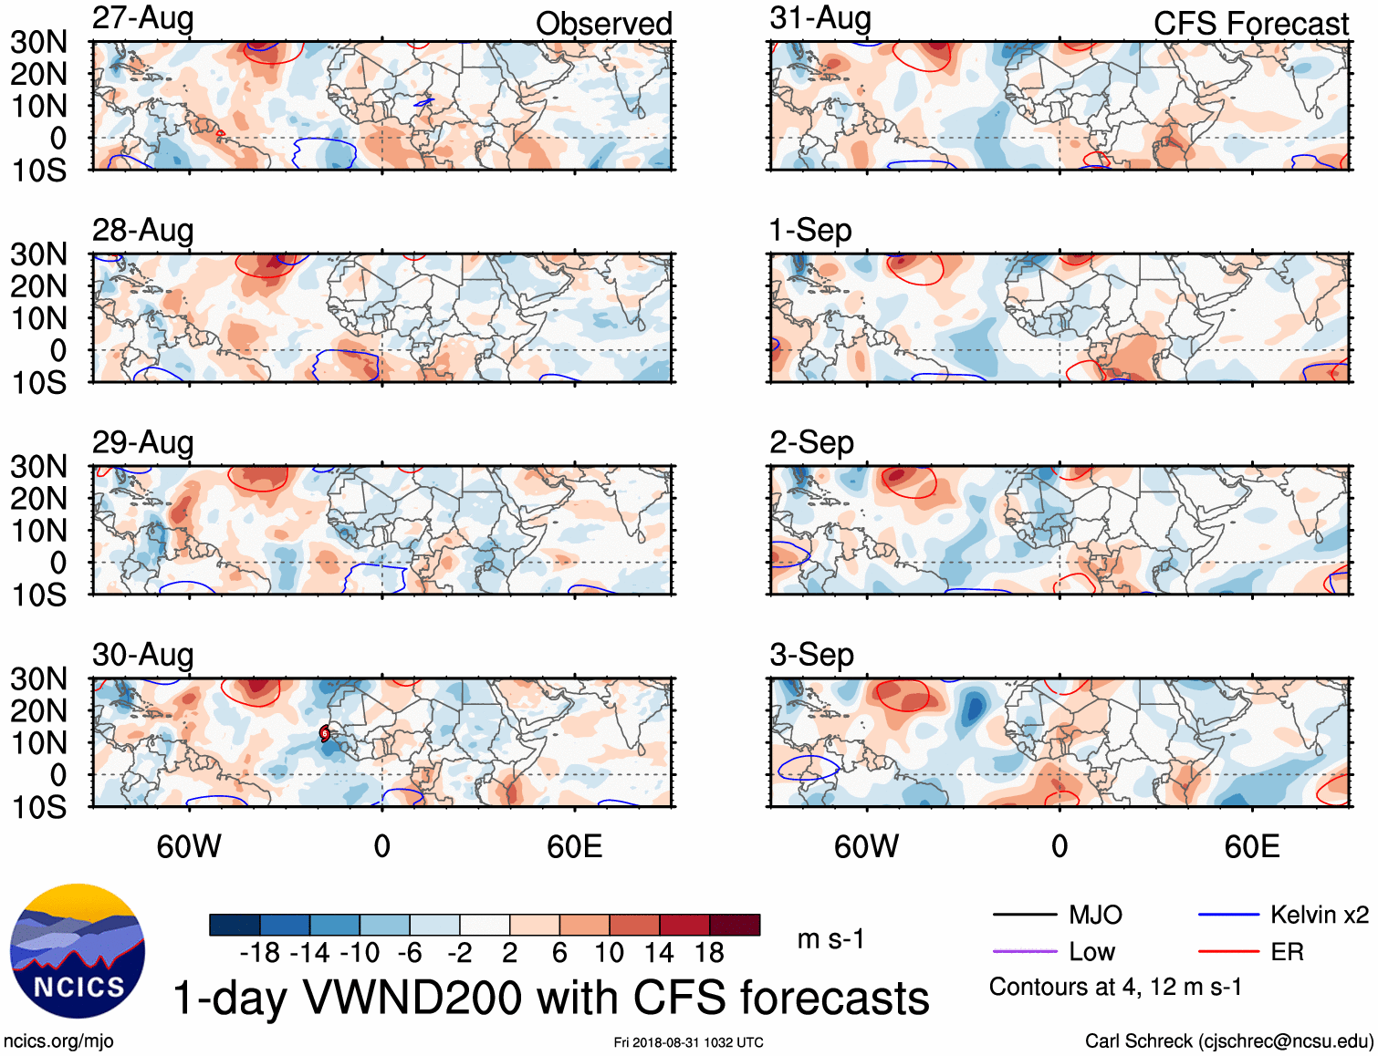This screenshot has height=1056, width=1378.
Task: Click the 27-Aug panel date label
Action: (143, 18)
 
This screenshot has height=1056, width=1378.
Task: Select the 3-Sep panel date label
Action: (811, 655)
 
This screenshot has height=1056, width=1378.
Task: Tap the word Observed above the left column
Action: (603, 24)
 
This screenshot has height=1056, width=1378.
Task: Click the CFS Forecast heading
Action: (1250, 24)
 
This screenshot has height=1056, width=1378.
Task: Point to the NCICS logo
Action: (78, 951)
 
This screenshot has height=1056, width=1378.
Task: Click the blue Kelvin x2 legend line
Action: (1228, 915)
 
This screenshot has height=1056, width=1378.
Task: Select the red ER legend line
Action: (1228, 952)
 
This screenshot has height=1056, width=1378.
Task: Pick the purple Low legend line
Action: (1024, 952)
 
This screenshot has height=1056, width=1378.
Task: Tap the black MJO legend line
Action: (1024, 915)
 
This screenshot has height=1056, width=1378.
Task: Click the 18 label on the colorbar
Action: (709, 953)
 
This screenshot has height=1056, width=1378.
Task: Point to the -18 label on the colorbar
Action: (260, 953)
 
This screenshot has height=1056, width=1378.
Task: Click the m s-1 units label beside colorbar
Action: (830, 939)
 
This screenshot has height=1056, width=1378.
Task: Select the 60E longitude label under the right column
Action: (1251, 846)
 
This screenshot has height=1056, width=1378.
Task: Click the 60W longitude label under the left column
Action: (189, 846)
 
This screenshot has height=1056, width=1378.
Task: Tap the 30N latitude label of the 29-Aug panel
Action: (39, 467)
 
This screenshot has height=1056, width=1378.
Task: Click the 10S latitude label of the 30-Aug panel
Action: (39, 807)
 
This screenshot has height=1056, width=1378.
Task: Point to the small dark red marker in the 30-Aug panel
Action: (325, 733)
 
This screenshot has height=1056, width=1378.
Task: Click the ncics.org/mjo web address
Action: (58, 1041)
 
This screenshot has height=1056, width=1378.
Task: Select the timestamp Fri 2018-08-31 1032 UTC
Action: (688, 1042)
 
